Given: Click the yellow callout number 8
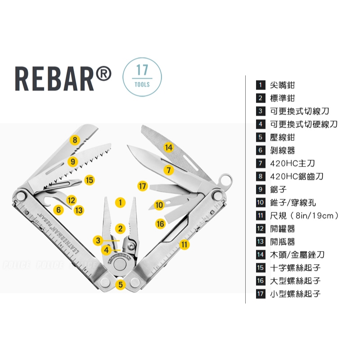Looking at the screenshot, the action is [x=75, y=140].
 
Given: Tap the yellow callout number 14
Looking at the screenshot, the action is [x=169, y=147].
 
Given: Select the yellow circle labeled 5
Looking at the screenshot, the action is [x=121, y=285].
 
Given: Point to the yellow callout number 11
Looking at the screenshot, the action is [x=184, y=244].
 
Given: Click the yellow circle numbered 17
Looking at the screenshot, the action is [x=143, y=186].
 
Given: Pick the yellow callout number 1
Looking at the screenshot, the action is [x=120, y=202].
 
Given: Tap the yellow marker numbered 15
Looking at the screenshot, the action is [x=90, y=180].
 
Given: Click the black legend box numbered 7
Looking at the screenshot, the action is [x=261, y=163].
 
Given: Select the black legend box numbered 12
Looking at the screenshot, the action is [x=261, y=229].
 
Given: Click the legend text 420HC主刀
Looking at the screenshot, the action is [x=292, y=163].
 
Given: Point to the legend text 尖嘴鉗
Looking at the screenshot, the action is [x=283, y=85].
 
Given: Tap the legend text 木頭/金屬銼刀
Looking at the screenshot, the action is [x=297, y=255].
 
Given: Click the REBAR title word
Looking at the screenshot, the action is [x=54, y=79].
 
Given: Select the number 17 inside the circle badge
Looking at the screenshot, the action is [x=142, y=70].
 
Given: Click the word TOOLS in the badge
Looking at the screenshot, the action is [x=142, y=85].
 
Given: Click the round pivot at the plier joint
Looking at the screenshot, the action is [x=120, y=265].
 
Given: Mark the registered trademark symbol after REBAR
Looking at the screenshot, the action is [x=103, y=74].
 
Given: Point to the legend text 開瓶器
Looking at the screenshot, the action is [x=283, y=242].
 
